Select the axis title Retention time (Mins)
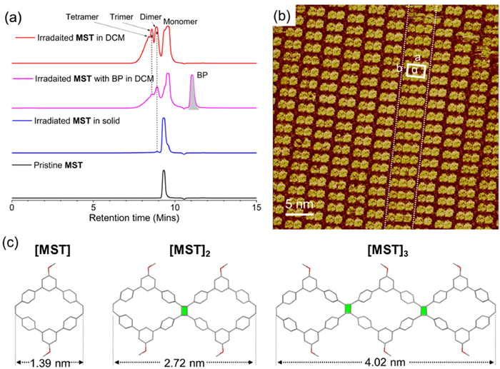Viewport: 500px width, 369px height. point(134,216)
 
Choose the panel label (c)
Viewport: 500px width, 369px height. point(14,241)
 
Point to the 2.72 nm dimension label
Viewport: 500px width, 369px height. point(186,360)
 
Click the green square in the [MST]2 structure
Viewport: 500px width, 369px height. point(184,310)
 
